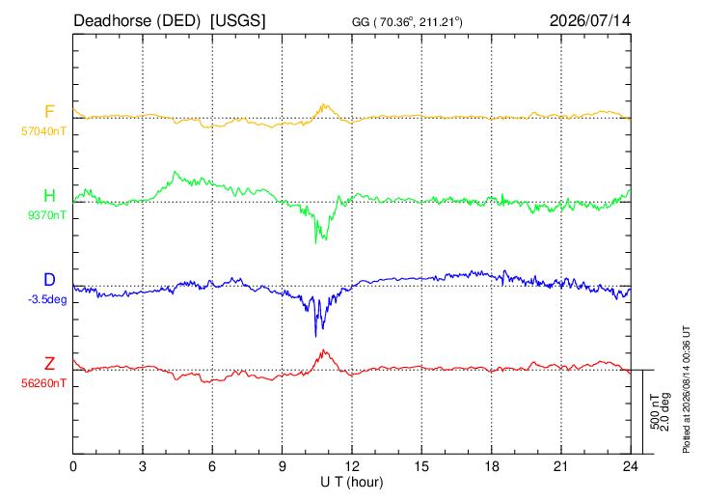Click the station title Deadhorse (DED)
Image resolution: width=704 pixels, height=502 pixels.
(x=137, y=21)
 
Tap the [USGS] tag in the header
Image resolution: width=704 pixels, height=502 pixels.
(x=238, y=21)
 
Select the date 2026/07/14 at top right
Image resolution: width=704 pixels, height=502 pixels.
(x=589, y=20)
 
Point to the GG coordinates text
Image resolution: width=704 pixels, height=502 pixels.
(x=407, y=22)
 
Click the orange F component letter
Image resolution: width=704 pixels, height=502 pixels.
(x=49, y=111)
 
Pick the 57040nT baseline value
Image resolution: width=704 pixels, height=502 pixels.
(x=43, y=131)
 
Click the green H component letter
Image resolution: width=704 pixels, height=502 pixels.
(x=49, y=196)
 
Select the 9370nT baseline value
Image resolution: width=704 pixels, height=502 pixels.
(x=46, y=215)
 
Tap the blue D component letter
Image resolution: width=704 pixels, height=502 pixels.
(x=49, y=280)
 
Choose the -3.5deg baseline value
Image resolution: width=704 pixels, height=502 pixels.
(x=47, y=300)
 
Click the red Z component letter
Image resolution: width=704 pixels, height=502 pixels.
(x=49, y=363)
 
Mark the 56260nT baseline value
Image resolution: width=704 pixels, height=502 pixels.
(x=43, y=383)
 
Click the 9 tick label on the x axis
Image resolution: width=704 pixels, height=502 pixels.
(x=282, y=467)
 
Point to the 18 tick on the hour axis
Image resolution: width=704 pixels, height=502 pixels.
(x=492, y=467)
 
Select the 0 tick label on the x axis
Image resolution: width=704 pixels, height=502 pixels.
(x=73, y=467)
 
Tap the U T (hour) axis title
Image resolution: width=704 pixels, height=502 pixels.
(x=352, y=483)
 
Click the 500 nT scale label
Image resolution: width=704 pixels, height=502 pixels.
(x=655, y=412)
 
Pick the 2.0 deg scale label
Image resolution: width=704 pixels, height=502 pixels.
(x=664, y=412)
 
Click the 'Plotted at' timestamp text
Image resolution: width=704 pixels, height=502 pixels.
(x=686, y=389)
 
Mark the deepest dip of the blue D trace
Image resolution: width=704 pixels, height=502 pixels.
(x=315, y=337)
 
